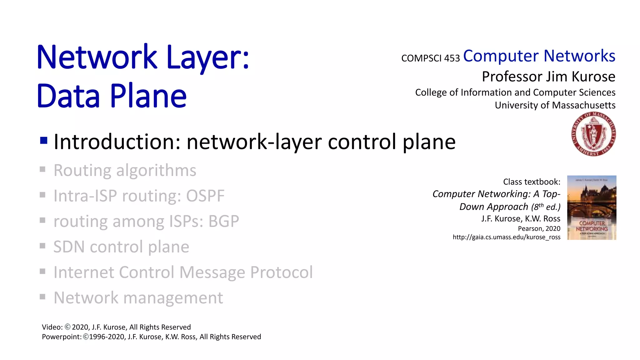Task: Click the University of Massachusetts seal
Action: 593,134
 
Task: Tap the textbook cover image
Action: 592,207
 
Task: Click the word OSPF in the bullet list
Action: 205,196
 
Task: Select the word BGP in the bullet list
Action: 223,221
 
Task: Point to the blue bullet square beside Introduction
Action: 44,140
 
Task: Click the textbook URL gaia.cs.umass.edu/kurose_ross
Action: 506,237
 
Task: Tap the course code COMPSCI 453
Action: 430,58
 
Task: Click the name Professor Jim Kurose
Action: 548,77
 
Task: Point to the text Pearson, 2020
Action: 539,228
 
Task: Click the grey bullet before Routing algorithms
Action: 43,169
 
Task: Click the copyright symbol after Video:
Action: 67,327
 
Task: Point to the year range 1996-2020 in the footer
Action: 107,337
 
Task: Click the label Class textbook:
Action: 532,182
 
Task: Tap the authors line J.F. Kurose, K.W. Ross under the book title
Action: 521,218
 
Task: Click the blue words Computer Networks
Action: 539,56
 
